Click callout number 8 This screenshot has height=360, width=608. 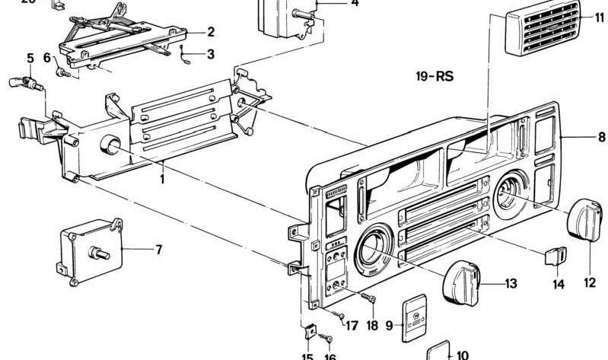pyautogui.click(x=601, y=138)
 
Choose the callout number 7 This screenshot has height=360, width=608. pyautogui.click(x=159, y=249)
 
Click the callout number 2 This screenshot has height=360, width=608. pyautogui.click(x=211, y=32)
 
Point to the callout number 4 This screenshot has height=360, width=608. pyautogui.click(x=333, y=3)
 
